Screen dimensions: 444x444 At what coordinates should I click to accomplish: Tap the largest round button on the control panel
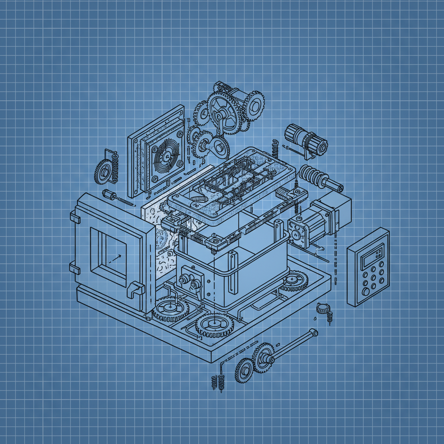click(x=366, y=292)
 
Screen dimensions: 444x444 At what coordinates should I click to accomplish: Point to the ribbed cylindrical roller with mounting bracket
click(x=306, y=139)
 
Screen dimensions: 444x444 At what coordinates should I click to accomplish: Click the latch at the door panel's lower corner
click(x=135, y=290)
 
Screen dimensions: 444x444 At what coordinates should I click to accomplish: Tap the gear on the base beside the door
click(x=171, y=308)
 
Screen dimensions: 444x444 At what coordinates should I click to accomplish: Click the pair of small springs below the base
click(x=218, y=382)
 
